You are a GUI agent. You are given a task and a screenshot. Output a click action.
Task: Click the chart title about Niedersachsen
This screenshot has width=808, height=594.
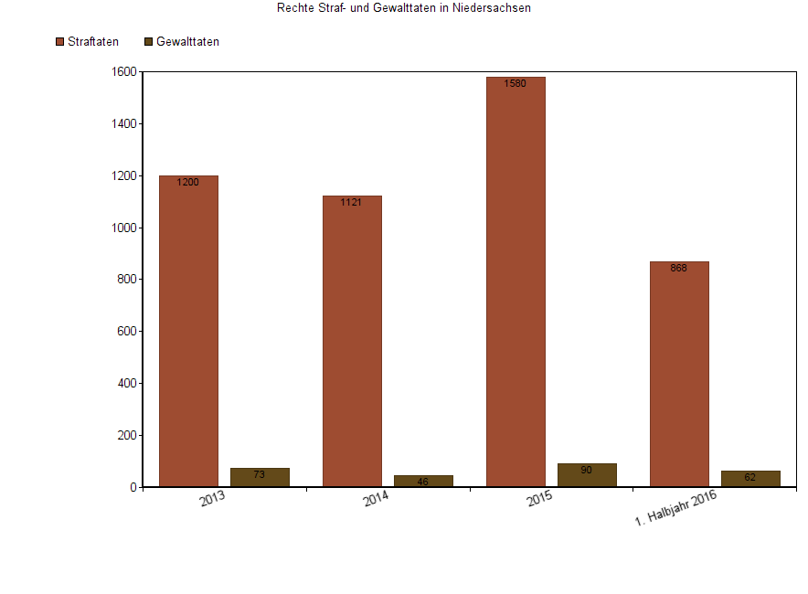[x=404, y=8]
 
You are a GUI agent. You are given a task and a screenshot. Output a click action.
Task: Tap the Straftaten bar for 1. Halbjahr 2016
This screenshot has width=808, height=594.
[x=679, y=374]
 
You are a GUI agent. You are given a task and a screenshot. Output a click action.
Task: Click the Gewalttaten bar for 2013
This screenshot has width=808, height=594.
[x=260, y=477]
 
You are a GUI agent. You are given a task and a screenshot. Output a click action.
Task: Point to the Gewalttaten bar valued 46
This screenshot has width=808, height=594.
[x=423, y=481]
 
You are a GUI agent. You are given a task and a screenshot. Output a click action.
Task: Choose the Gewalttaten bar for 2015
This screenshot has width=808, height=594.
[x=587, y=475]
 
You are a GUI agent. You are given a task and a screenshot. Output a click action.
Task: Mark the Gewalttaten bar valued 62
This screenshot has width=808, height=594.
[x=750, y=478]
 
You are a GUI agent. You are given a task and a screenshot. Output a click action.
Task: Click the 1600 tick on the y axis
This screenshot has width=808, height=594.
[x=125, y=72]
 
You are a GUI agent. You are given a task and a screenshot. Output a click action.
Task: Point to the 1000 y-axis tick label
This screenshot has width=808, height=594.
[x=125, y=228]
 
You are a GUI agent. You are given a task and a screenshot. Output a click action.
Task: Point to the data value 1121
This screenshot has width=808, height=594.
[x=351, y=203]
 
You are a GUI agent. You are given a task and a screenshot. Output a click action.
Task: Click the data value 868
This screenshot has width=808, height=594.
[x=678, y=269]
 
